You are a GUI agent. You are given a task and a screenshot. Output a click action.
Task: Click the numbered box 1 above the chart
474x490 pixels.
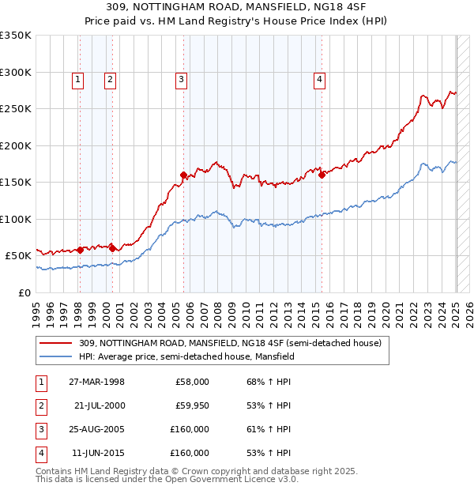click(78, 78)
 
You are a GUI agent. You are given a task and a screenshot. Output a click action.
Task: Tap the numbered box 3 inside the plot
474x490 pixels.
click(181, 78)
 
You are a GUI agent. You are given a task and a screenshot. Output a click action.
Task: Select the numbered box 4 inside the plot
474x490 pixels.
click(319, 78)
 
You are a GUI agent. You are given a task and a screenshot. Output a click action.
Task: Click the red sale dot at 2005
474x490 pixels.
click(183, 175)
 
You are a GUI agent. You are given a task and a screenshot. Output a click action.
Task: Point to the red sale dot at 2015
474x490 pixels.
click(322, 175)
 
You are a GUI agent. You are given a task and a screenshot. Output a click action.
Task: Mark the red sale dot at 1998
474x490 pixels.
click(80, 250)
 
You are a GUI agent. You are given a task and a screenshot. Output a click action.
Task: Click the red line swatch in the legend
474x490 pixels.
click(56, 343)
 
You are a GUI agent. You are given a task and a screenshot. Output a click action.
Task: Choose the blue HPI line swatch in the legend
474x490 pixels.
click(56, 356)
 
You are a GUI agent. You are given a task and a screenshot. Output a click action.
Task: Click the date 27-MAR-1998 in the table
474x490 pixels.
click(97, 382)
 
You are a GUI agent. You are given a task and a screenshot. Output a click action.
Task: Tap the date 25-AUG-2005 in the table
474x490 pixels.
click(97, 430)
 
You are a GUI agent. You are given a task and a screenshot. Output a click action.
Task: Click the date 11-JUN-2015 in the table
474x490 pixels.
click(97, 454)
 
